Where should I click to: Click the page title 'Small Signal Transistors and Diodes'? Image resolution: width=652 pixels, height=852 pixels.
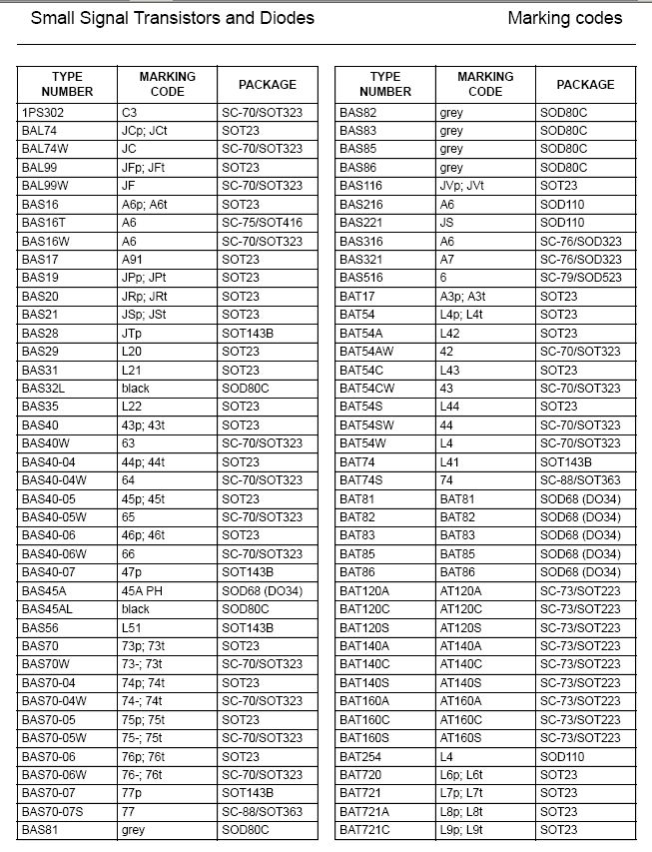(173, 18)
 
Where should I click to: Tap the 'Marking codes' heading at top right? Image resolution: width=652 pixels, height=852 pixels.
(564, 18)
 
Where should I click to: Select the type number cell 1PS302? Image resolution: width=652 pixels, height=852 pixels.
(43, 113)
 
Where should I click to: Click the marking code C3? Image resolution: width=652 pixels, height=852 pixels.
(130, 113)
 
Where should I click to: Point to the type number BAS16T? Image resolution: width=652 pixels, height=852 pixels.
(44, 223)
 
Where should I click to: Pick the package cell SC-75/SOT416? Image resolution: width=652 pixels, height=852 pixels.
(262, 223)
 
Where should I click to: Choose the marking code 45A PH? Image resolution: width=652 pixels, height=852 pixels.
(142, 591)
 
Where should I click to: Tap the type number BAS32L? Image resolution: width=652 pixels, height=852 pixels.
(44, 389)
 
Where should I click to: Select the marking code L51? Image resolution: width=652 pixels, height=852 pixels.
(132, 628)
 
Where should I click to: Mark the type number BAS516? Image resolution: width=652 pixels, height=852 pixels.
(360, 278)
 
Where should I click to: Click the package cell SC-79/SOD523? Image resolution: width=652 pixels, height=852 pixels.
(580, 278)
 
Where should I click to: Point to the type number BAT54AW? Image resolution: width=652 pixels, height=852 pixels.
(366, 352)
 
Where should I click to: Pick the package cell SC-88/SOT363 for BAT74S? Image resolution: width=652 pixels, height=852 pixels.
(580, 480)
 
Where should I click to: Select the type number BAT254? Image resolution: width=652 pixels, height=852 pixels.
(360, 757)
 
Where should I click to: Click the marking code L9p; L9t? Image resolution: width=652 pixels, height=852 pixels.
(461, 830)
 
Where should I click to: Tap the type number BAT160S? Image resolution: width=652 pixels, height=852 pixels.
(364, 738)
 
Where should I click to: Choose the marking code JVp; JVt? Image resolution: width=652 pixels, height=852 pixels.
(462, 186)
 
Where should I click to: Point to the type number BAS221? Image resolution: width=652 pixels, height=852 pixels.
(360, 223)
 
